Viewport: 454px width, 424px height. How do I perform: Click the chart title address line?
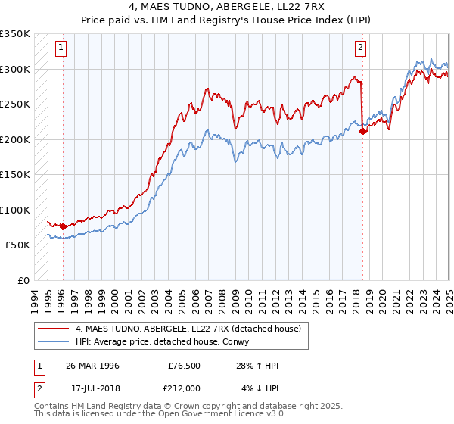click(x=226, y=7)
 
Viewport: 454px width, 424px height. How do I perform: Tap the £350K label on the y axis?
click(x=15, y=34)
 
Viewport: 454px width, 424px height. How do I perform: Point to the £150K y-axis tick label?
click(x=15, y=175)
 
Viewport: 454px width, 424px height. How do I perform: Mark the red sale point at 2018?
click(x=362, y=131)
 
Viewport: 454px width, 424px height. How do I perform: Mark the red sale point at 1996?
click(x=62, y=226)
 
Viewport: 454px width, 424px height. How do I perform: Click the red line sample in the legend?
click(x=54, y=329)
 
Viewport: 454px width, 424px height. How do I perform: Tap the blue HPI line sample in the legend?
click(x=54, y=341)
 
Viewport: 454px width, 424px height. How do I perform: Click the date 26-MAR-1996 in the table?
click(x=92, y=366)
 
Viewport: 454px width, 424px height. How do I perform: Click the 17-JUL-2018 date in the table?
click(x=92, y=388)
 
